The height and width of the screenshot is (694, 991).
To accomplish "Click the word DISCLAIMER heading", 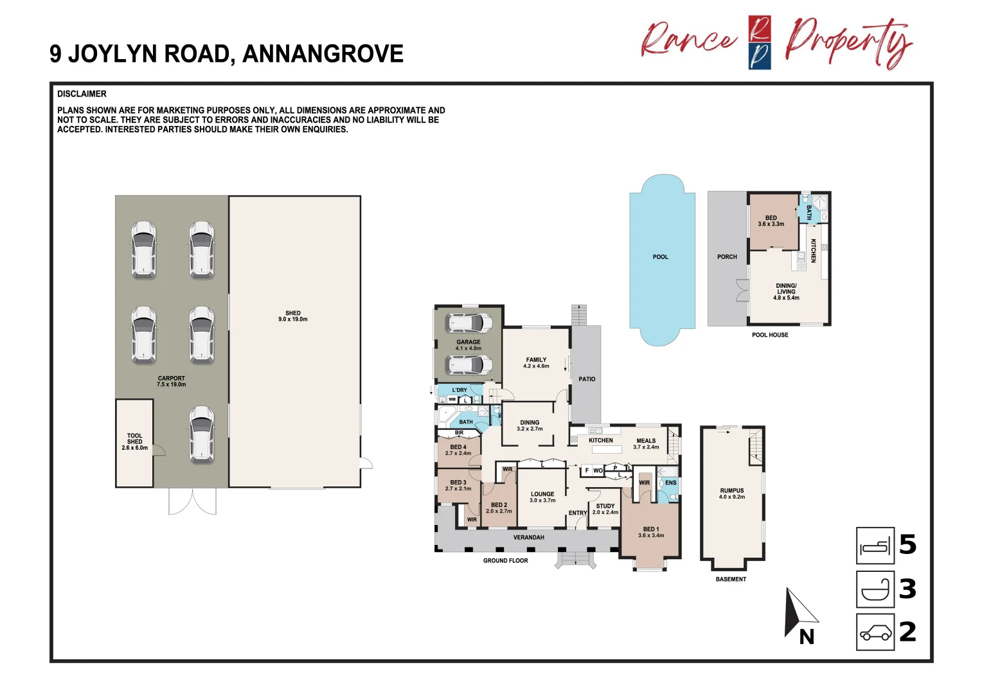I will point(82,94).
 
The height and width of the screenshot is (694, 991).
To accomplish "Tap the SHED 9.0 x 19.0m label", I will point(292,316).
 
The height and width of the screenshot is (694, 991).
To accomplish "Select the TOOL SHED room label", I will point(134,441).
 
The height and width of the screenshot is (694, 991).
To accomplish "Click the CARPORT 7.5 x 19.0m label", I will point(171,382).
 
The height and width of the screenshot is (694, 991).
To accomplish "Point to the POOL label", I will point(660,257).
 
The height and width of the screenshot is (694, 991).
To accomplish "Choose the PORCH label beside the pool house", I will point(727,257).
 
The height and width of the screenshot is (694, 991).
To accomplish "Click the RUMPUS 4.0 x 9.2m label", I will point(732,494).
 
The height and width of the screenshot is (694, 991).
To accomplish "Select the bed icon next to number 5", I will point(875,546).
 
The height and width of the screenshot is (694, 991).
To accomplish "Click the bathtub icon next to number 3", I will point(875,589).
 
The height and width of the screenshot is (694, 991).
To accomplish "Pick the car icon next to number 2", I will point(875,632).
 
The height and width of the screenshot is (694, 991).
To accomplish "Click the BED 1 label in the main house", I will point(650,532).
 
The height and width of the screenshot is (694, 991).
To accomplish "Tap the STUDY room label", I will point(605,509).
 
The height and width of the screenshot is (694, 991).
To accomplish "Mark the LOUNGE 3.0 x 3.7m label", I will point(542,497).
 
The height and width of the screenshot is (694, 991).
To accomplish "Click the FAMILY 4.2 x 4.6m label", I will point(536,363).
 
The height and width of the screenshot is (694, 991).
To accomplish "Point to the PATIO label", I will point(587,379).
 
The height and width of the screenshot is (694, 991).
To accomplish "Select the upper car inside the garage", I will point(469,323).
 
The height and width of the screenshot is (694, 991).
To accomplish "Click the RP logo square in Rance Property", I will point(760,42).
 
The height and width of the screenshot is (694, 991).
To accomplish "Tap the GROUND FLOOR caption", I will point(505,561).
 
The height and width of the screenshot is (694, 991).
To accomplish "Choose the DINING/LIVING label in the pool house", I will point(786,292).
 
